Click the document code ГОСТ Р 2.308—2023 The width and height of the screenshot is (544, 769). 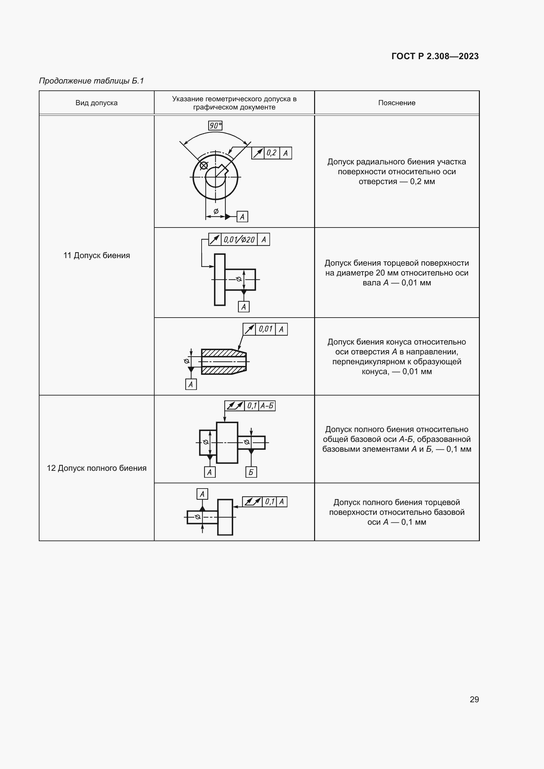coord(435,56)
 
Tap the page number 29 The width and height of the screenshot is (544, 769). coord(474,699)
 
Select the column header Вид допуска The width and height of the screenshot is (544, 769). coord(96,103)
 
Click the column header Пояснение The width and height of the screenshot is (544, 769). coord(397,103)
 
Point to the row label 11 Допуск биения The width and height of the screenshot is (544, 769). coord(96,255)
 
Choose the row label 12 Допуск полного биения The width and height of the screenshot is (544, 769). coord(96,468)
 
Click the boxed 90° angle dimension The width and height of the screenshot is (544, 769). coord(215,126)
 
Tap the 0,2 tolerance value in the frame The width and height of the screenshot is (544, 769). coord(271,153)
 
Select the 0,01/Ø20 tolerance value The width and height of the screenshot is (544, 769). coord(239,239)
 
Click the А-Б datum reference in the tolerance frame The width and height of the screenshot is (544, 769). coord(267,406)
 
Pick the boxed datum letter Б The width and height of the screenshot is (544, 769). coord(251,472)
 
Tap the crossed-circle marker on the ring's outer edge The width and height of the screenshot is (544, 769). coord(204,165)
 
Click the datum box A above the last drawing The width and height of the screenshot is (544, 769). coord(202,494)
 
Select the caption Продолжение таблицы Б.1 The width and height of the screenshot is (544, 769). coord(91,81)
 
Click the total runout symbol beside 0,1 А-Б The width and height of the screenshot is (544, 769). coord(235,406)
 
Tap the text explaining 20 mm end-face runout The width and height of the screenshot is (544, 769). coord(397,273)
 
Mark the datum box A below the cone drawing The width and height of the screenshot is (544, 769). coord(191,384)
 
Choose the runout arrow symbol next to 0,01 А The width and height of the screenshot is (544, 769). coord(249,329)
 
